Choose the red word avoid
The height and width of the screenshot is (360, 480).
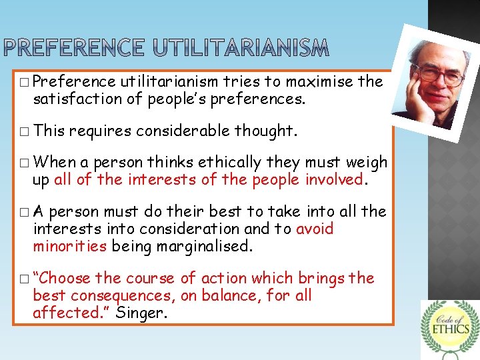click(x=315, y=229)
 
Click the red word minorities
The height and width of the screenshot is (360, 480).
click(x=70, y=247)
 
